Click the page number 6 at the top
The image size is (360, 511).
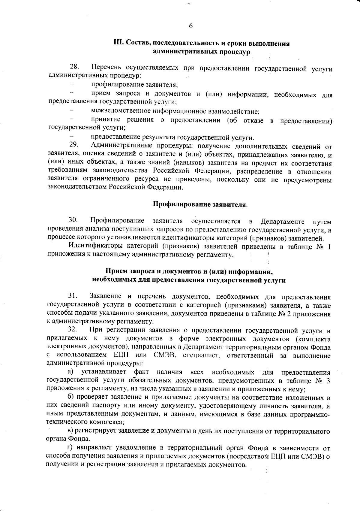click(191, 26)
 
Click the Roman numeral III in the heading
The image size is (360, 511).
click(118, 44)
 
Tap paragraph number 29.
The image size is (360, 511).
click(74, 145)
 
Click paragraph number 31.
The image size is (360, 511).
click(73, 297)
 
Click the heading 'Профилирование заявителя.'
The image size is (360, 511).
click(200, 205)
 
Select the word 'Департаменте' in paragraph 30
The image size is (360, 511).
click(282, 222)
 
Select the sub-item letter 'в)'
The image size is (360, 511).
click(70, 431)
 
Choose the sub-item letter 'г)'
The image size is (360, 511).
click(70, 448)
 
